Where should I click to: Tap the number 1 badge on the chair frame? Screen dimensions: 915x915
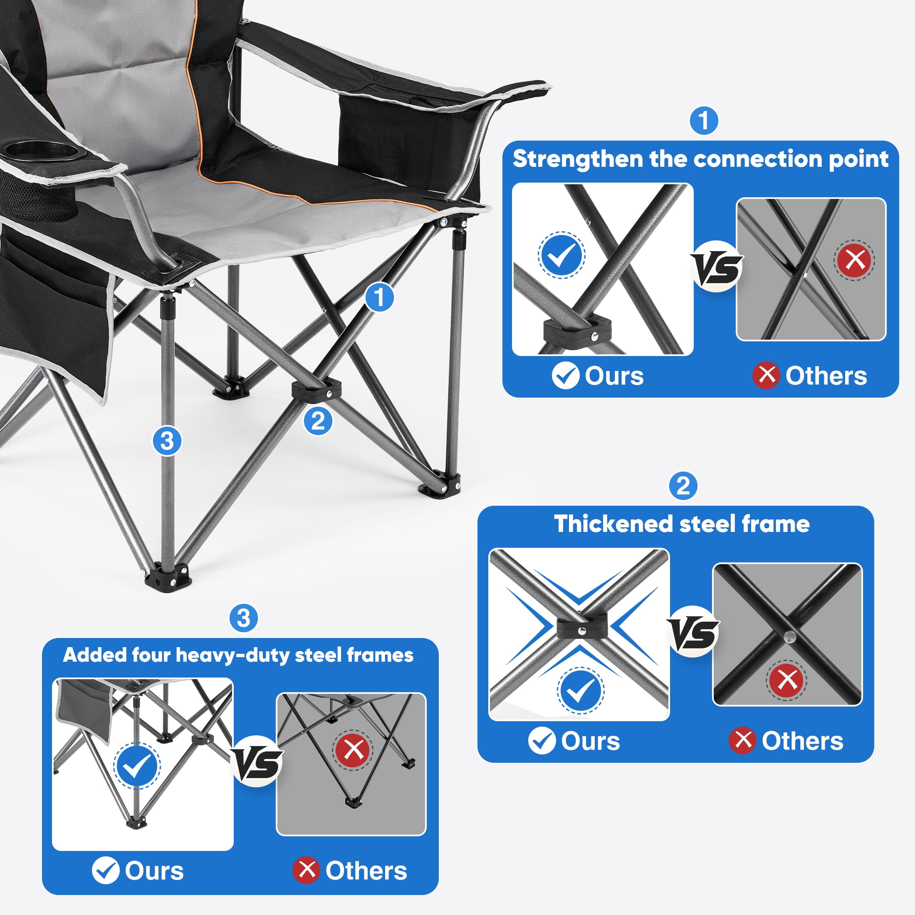pos(379,297)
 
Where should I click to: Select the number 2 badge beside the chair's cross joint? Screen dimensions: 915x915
pos(318,421)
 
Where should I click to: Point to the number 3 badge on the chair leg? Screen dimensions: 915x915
pos(167,441)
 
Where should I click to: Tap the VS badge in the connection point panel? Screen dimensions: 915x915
pos(717,267)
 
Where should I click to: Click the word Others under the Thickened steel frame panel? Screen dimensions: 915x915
pos(802,741)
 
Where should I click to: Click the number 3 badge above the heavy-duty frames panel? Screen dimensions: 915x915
pos(243,618)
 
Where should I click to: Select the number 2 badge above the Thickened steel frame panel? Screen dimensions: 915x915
pos(683,485)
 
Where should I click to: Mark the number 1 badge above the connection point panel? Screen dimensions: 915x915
pos(704,120)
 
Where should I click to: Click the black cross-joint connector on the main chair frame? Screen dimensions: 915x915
pos(316,390)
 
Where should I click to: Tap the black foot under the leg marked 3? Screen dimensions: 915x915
pos(168,574)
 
